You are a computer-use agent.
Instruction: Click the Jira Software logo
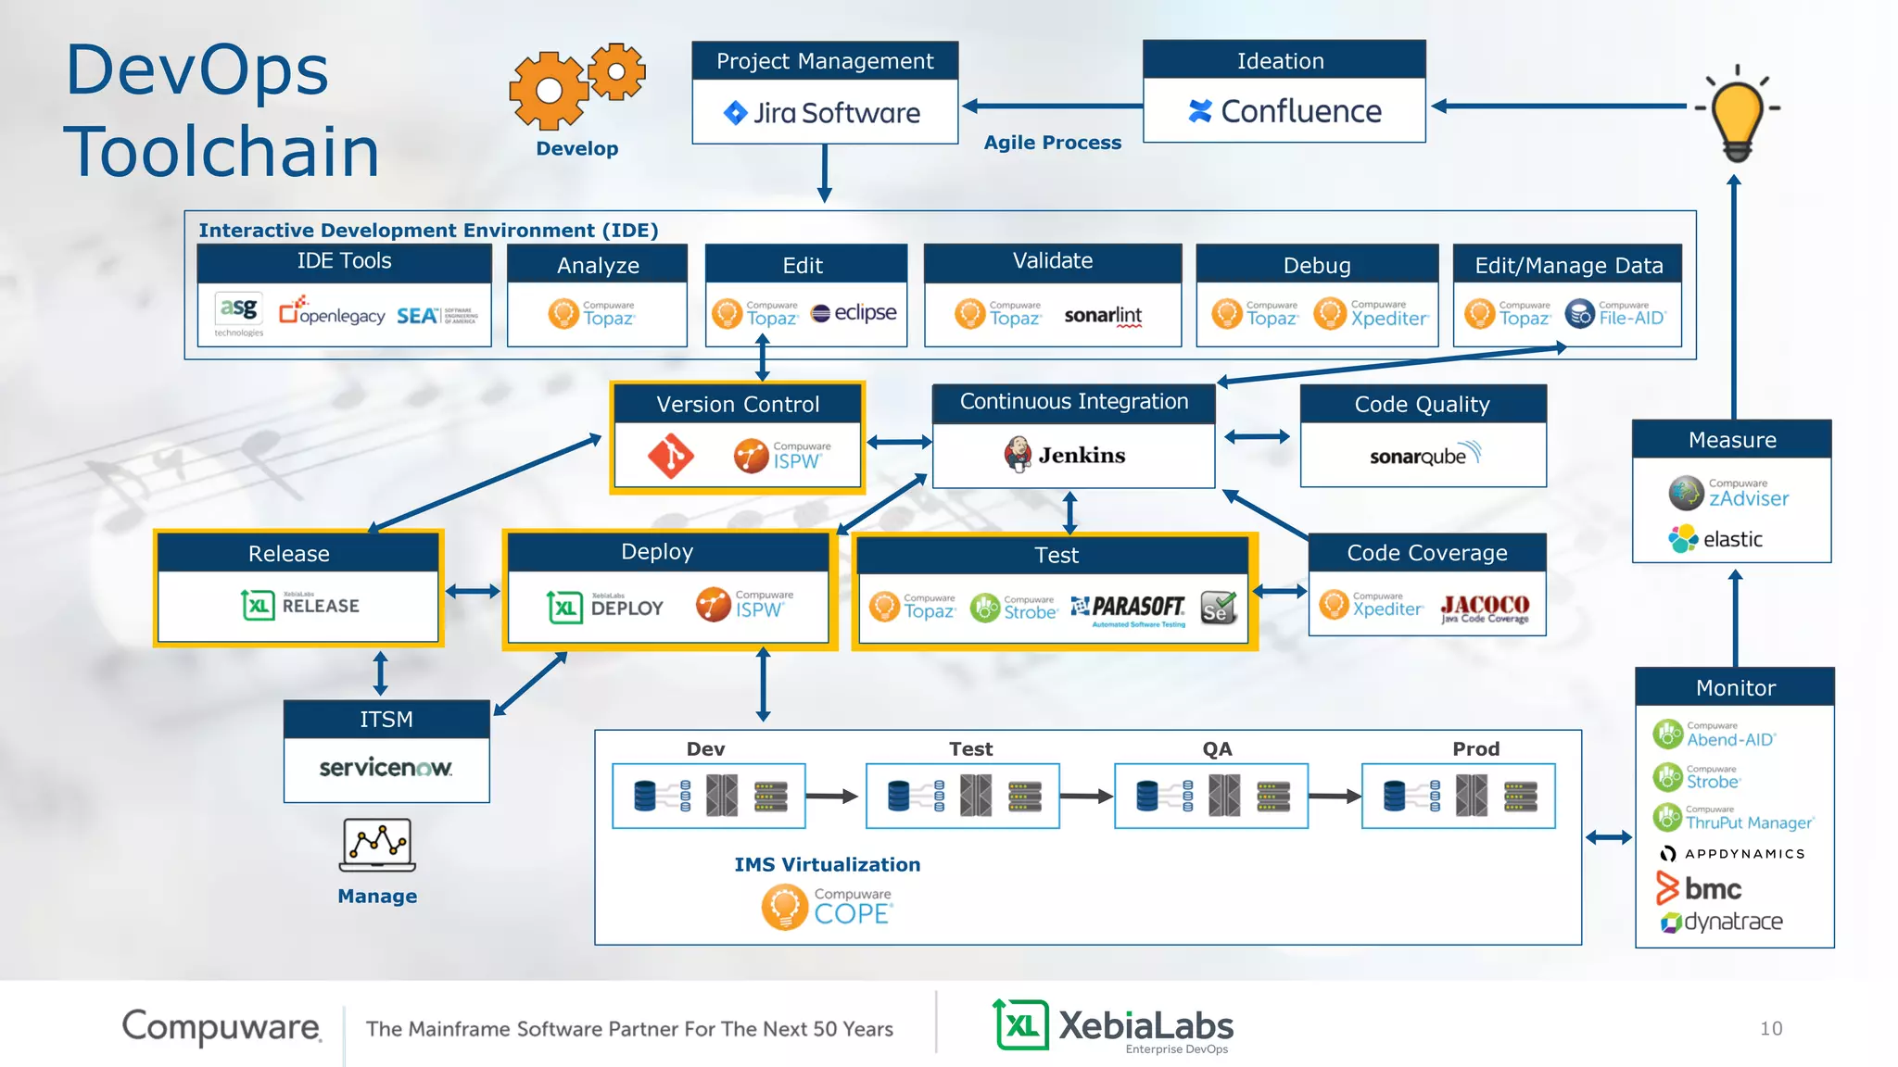click(822, 113)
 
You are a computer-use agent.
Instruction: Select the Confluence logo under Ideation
click(1284, 111)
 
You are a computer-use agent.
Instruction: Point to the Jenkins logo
click(1065, 455)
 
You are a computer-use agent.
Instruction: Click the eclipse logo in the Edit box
click(854, 313)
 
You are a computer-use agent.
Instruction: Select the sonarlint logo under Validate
click(1103, 316)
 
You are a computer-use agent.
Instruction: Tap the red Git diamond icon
click(670, 456)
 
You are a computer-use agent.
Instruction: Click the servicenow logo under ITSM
click(386, 768)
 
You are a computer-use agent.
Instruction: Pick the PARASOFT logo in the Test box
click(1129, 609)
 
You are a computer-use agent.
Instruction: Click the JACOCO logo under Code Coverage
click(1485, 609)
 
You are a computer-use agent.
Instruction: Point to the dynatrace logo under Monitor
click(1721, 922)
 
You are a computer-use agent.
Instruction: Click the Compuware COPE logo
click(826, 907)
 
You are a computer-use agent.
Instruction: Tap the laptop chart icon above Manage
click(377, 845)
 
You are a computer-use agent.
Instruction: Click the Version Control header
click(738, 405)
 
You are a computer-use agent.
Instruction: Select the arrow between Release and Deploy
click(473, 591)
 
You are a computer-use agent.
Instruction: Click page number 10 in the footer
click(1771, 1028)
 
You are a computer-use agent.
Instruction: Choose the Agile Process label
click(1052, 143)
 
